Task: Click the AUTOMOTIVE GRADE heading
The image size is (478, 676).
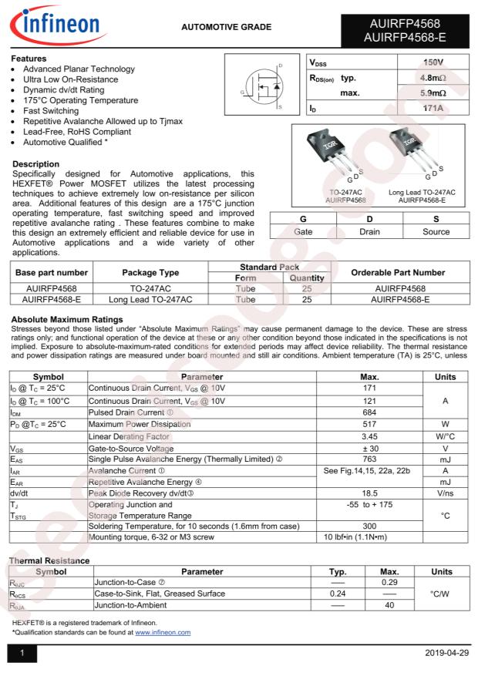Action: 226,27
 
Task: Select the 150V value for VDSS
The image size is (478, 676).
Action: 433,62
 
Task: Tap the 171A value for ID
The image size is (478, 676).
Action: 433,109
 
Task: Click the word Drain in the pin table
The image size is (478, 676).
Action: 369,231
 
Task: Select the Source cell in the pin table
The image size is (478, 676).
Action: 436,231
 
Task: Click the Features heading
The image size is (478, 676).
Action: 29,59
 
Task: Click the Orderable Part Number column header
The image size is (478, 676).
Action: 398,272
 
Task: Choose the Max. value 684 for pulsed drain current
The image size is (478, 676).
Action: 369,412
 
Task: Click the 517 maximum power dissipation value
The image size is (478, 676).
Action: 369,424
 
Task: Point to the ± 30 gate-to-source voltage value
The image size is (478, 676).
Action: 369,448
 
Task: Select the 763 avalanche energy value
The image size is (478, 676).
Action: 369,459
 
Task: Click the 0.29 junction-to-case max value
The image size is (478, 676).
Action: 389,583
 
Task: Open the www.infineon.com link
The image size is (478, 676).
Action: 163,632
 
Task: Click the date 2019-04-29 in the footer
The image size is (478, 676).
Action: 446,653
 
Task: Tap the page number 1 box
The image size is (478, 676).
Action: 23,654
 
